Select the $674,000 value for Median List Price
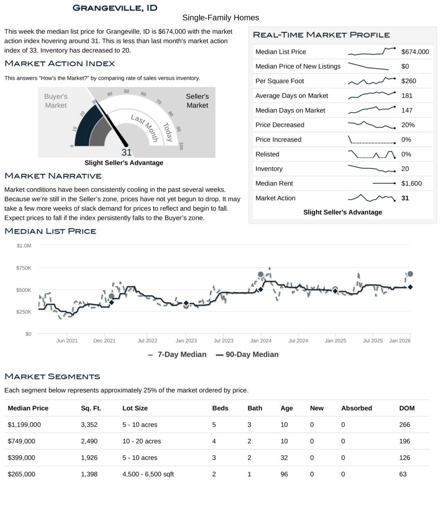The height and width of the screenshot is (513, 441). [415, 52]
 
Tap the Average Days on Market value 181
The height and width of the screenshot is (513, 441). [407, 96]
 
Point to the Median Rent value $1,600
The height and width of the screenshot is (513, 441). [411, 183]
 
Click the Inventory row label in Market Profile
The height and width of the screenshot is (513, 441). [269, 169]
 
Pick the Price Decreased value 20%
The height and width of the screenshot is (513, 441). [408, 125]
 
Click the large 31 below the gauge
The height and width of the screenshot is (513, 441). [126, 152]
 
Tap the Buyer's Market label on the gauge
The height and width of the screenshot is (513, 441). [56, 101]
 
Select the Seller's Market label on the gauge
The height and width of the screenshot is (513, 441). [197, 101]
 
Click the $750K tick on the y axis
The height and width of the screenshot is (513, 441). [24, 268]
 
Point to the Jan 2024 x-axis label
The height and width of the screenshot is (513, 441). [260, 341]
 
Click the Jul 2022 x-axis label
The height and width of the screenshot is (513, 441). [147, 341]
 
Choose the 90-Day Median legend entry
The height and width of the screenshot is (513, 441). [247, 355]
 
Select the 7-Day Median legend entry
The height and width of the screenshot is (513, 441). [177, 355]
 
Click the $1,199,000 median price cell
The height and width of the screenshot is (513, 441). [24, 425]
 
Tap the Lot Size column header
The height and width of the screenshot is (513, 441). [135, 408]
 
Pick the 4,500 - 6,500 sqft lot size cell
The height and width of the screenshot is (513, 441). [148, 474]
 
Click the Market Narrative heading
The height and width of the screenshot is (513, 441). [53, 176]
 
